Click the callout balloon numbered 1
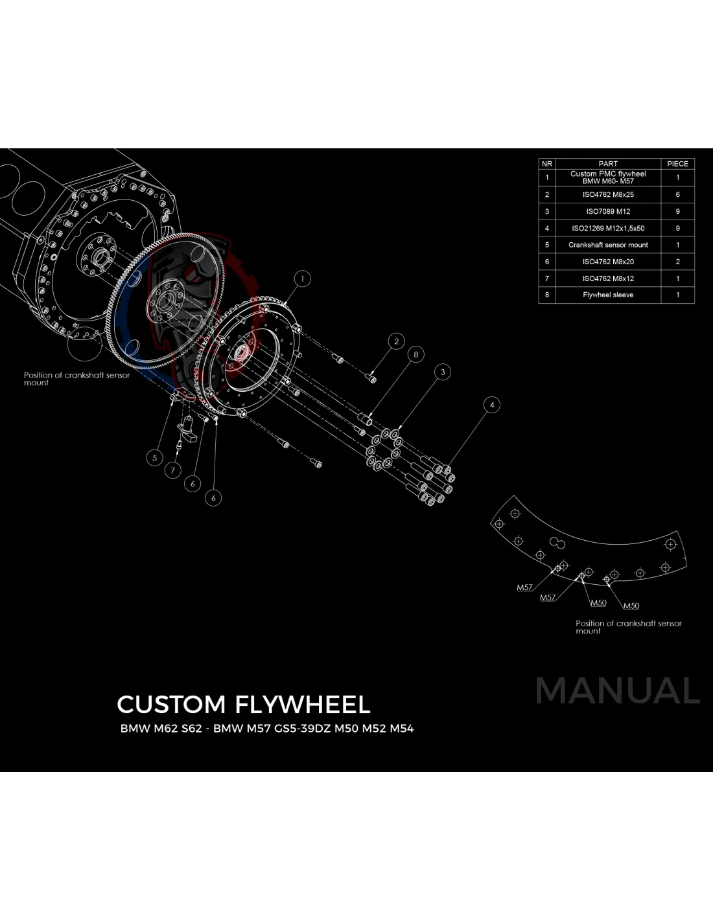302,279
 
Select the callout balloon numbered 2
396,341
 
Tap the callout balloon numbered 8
415,354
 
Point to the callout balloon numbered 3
443,372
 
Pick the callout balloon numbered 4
492,405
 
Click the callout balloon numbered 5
154,457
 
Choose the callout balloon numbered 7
172,470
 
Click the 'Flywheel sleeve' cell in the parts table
608,295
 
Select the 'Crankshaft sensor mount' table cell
608,245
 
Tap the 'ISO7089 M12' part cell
608,211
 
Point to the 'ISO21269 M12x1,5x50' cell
608,228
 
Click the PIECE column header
677,164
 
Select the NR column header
546,164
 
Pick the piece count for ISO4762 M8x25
677,194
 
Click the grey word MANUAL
618,690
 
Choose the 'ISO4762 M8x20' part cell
608,262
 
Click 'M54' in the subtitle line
402,728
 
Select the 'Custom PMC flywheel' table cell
608,177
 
